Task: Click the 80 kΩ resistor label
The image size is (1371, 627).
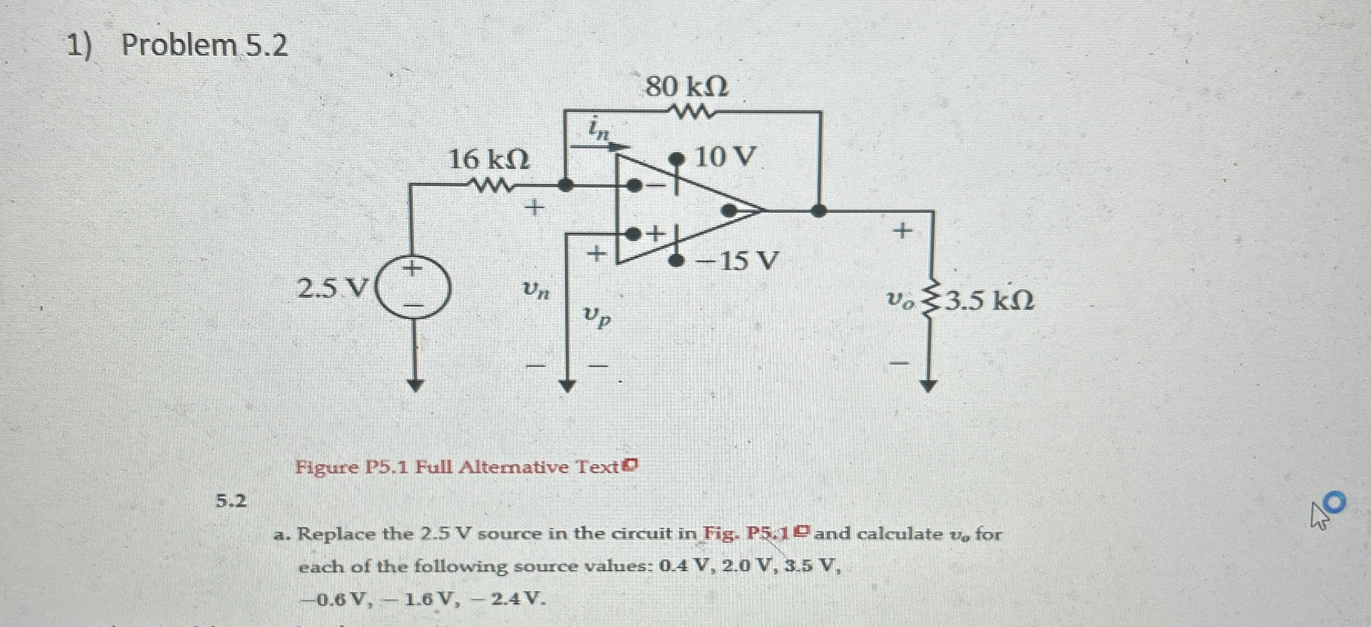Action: [x=687, y=87]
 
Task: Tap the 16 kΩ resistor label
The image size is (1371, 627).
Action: [x=489, y=160]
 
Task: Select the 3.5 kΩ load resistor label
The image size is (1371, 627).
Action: [x=989, y=301]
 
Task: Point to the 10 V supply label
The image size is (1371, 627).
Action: [x=725, y=157]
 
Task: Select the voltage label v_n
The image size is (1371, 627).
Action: [x=535, y=289]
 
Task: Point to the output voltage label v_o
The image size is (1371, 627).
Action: [x=899, y=301]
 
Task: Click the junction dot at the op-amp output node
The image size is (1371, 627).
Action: [x=818, y=210]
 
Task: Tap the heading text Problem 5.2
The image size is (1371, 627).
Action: [x=204, y=45]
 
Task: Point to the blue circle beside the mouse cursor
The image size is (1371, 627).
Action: [x=1336, y=502]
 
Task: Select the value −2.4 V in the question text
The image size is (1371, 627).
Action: [x=505, y=598]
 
